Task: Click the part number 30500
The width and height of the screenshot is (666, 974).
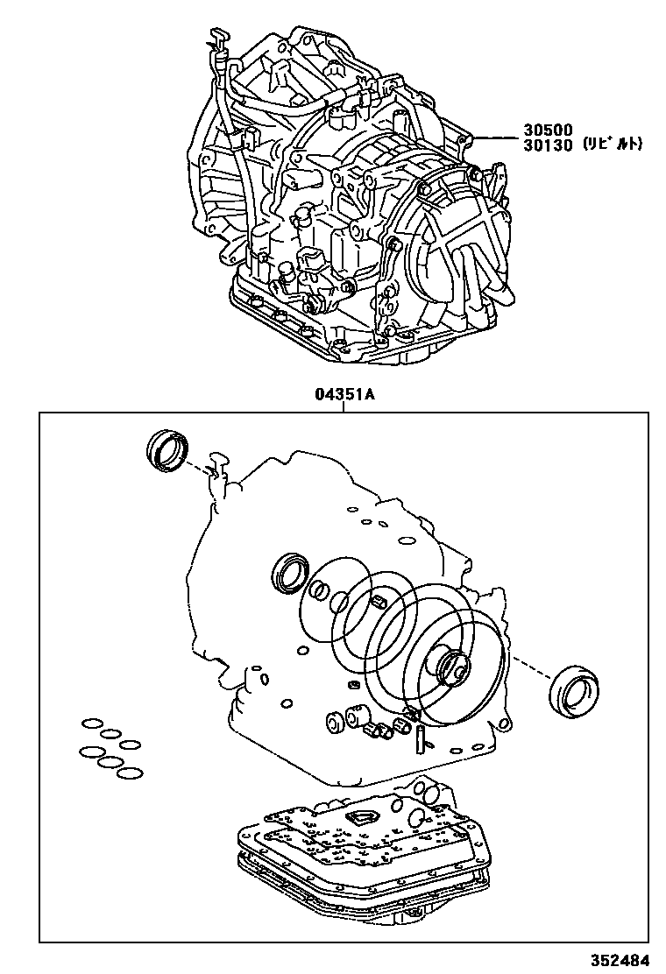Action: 550,129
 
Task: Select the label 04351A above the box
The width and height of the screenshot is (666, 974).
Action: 345,394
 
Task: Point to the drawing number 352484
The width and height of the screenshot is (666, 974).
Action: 627,959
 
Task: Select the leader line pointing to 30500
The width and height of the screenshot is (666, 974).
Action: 495,136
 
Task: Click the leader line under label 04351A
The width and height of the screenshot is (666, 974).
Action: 345,407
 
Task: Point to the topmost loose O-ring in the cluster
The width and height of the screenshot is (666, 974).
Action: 92,723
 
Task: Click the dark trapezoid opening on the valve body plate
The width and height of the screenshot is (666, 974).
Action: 359,818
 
